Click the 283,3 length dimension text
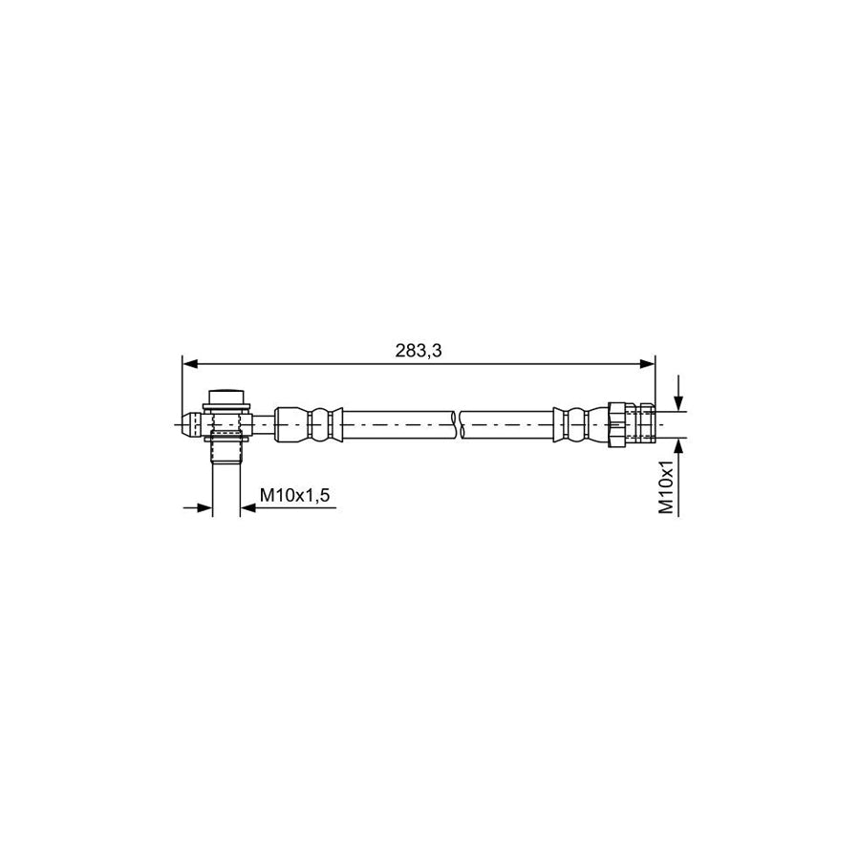pos(419,351)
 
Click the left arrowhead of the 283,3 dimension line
pos(188,364)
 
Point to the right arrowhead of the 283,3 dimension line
pos(649,364)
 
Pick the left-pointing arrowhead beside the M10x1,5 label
pos(247,508)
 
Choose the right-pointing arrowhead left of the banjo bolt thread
pos(204,508)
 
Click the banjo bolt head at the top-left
pos(226,397)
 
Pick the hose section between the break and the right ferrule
pos(506,423)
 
